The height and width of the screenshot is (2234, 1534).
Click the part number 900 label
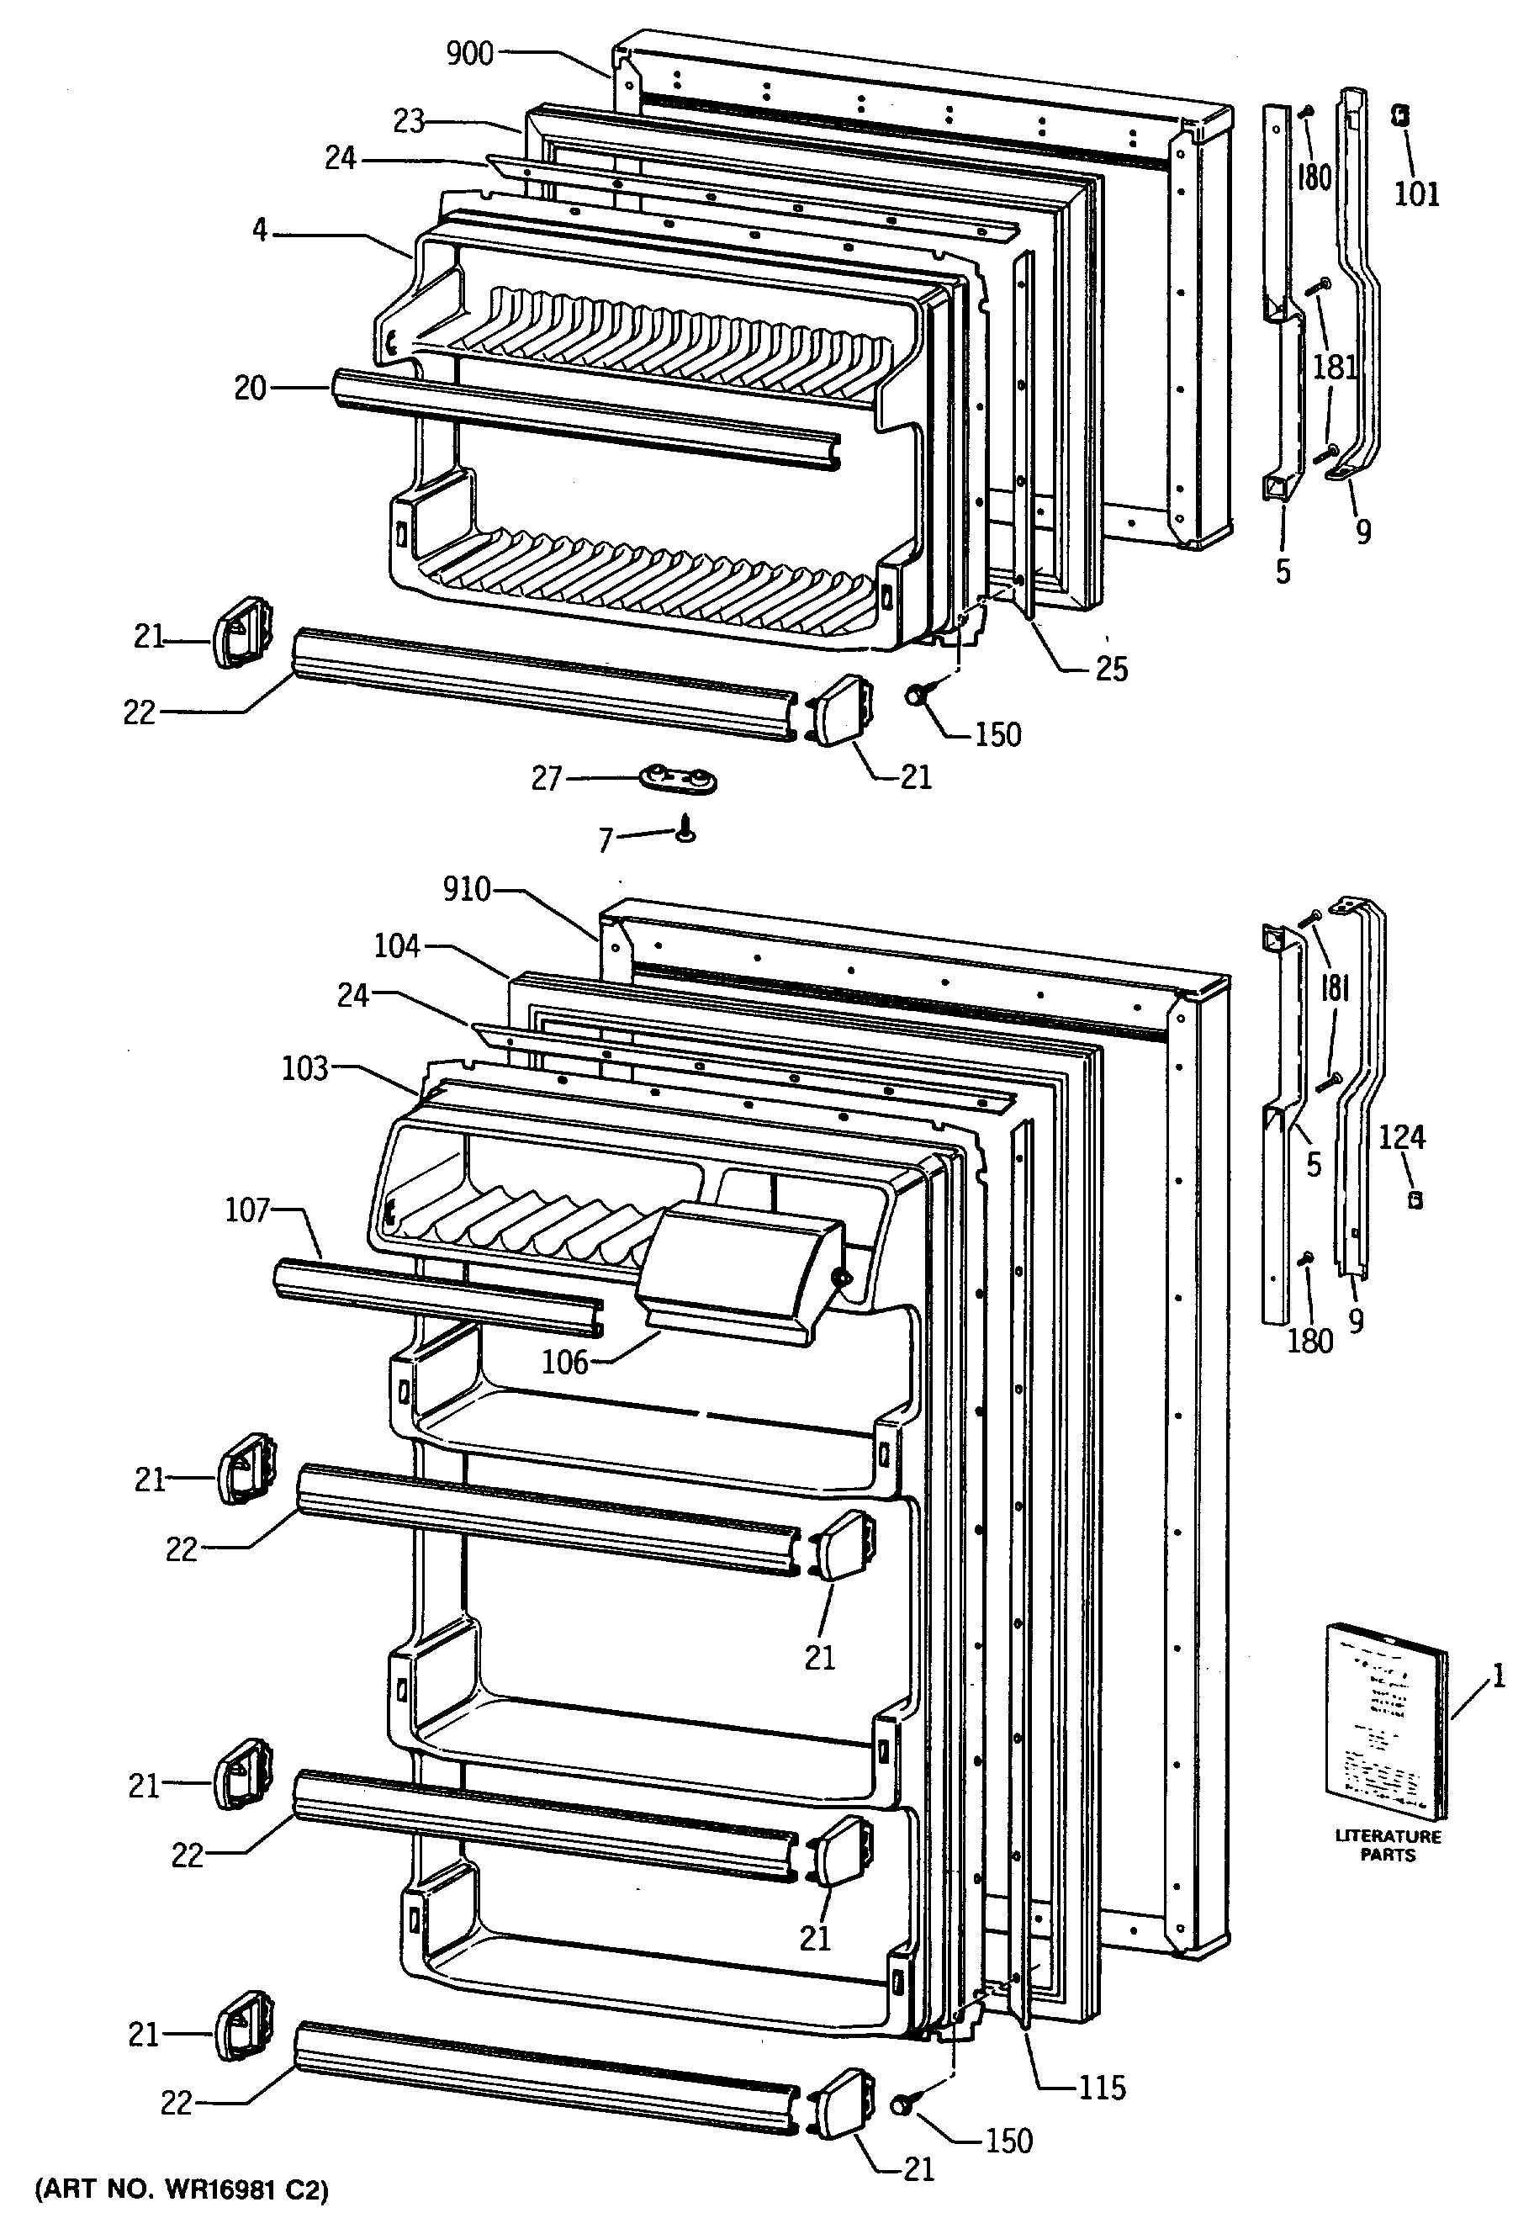(470, 54)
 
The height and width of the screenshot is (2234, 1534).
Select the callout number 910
(467, 890)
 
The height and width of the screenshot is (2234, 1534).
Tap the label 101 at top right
(1417, 194)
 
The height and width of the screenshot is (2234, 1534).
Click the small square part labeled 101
(1400, 116)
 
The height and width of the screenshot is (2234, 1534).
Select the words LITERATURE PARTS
(1388, 1845)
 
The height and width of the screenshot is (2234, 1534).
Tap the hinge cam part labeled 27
(680, 779)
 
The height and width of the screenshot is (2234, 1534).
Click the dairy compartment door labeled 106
(740, 1265)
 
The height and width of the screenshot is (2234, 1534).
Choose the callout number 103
(305, 1068)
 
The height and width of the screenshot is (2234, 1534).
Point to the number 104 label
(397, 947)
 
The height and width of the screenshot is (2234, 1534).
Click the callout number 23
(409, 122)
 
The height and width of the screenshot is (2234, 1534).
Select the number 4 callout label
(260, 231)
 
